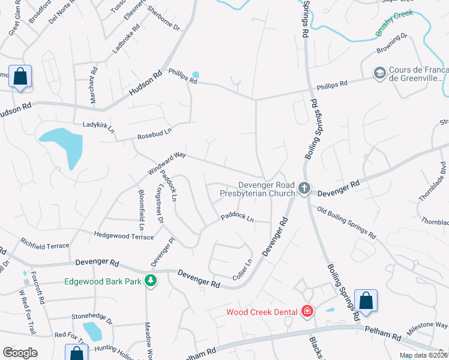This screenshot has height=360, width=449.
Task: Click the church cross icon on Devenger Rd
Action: (x=304, y=189)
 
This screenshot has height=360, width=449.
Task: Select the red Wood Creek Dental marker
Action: (x=307, y=311)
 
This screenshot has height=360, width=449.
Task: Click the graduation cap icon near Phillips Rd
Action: (x=379, y=73)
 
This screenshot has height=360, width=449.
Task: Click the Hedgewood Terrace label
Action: (x=124, y=236)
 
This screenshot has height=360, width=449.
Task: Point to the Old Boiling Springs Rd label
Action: (x=346, y=221)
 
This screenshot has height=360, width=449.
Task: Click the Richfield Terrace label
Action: (x=45, y=245)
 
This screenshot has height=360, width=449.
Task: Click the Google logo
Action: (x=20, y=352)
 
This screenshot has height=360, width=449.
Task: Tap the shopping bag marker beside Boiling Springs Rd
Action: (x=366, y=301)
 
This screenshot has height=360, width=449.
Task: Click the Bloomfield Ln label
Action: (x=142, y=210)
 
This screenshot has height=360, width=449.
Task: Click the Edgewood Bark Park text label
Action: (x=103, y=281)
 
